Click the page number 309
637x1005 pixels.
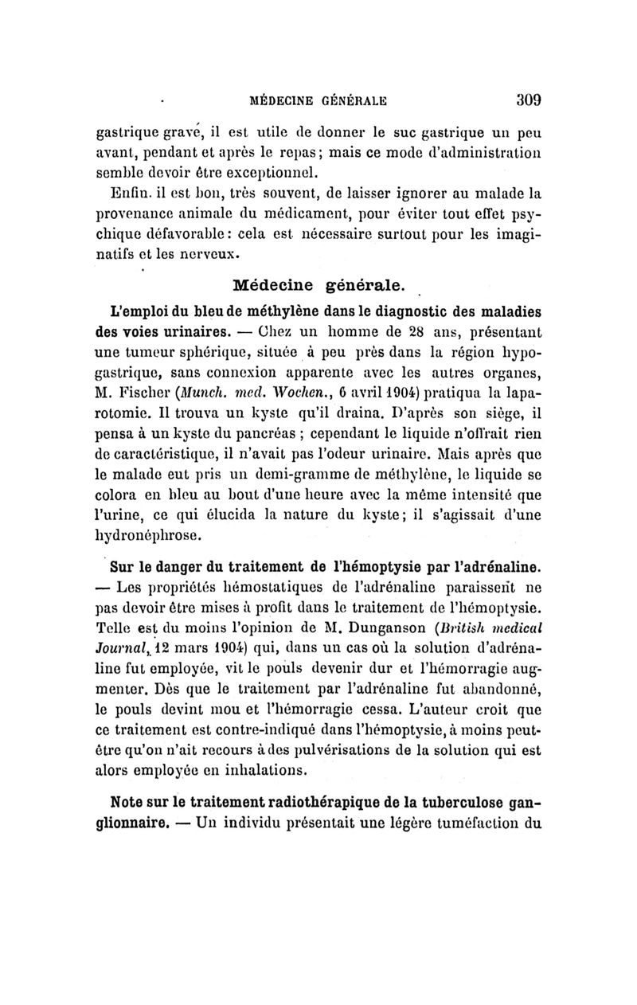click(x=526, y=100)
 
